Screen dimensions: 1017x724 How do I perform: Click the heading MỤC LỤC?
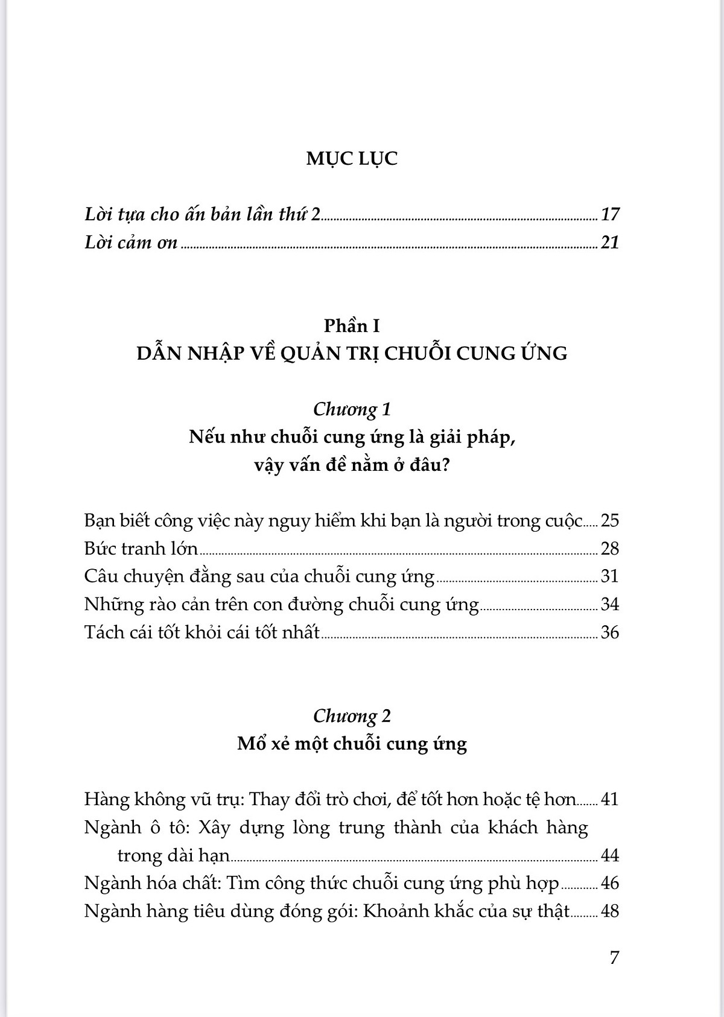(352, 159)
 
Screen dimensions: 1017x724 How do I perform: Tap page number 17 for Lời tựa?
(610, 214)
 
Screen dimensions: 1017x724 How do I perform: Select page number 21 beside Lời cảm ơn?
(610, 243)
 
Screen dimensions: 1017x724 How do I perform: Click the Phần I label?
(352, 326)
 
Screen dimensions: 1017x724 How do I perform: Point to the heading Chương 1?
(352, 409)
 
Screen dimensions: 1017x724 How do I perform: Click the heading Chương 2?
(352, 716)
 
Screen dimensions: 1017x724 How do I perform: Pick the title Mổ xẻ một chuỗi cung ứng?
(352, 744)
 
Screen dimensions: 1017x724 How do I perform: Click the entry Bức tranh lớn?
(141, 549)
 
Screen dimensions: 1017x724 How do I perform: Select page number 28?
(610, 549)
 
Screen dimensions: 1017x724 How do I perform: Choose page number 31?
(610, 576)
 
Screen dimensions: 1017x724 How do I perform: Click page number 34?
(610, 604)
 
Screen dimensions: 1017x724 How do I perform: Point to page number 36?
(610, 633)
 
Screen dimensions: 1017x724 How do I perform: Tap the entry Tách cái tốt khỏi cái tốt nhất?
(202, 633)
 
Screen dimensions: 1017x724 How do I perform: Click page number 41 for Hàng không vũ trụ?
(610, 800)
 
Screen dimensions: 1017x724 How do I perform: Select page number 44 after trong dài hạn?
(610, 856)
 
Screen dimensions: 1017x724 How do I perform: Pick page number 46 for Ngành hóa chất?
(610, 884)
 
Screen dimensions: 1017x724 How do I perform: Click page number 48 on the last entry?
(610, 911)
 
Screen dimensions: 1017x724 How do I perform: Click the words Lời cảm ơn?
(131, 243)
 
